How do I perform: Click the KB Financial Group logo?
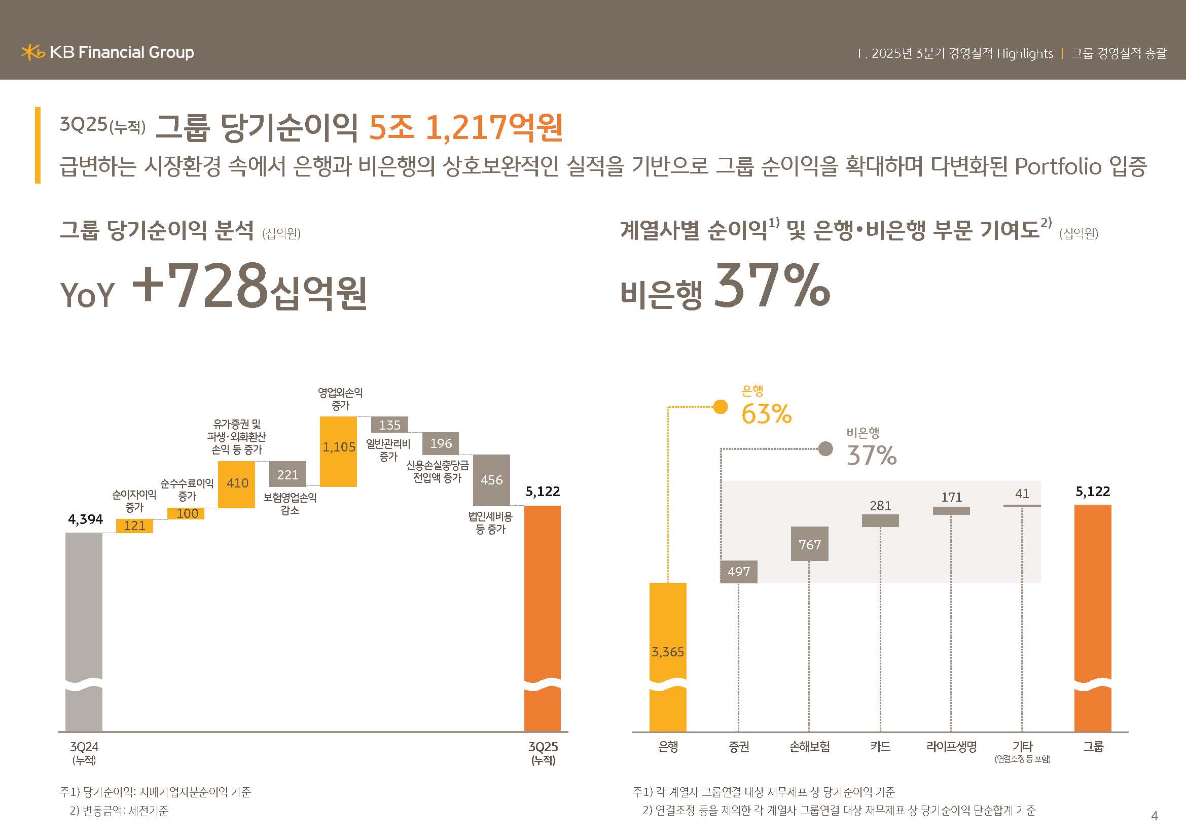coord(107,52)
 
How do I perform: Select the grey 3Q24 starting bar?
coord(84,631)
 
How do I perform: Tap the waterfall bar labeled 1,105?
coord(338,451)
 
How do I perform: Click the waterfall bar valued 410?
coord(237,484)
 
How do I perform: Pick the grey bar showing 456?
coord(491,480)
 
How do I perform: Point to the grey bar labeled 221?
coord(287,474)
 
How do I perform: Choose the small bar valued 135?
coord(389,425)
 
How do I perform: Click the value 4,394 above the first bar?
coord(86,519)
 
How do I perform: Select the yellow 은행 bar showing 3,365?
coord(667,656)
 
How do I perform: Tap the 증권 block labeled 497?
coord(739,571)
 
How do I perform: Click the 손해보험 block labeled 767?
coord(809,543)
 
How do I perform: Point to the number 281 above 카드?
coord(880,505)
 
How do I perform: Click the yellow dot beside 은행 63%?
coord(720,407)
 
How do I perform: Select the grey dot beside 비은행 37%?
coord(825,448)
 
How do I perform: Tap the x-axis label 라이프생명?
coord(951,747)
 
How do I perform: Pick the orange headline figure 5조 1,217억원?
coord(465,127)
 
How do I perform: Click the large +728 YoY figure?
coord(200,286)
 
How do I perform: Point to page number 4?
coord(1155,816)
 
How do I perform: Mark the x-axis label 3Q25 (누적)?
coord(543,752)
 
